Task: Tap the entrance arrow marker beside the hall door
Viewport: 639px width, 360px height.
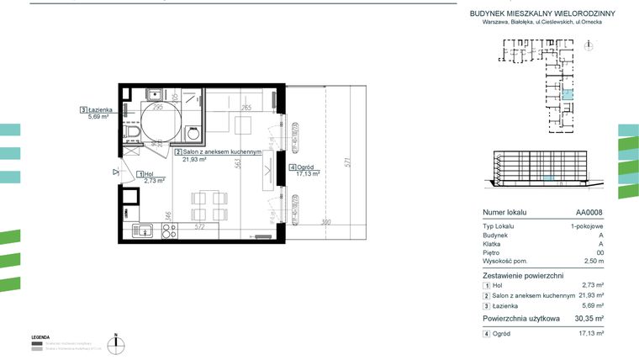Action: click(115, 171)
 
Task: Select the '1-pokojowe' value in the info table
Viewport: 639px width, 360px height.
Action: click(587, 227)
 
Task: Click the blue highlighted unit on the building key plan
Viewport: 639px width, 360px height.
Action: click(568, 96)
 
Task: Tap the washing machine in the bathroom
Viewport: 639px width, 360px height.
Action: click(193, 134)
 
